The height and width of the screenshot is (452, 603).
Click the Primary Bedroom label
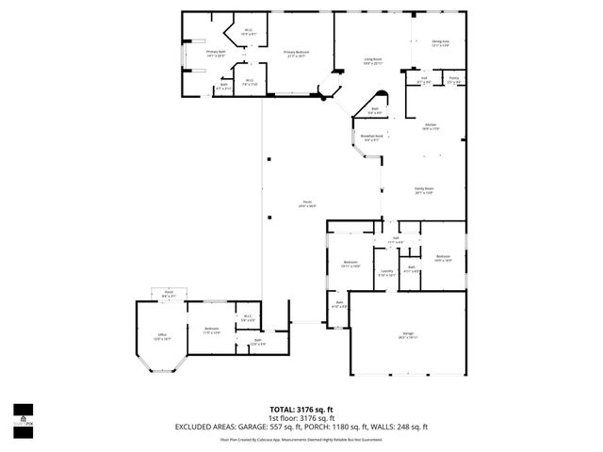click(298, 54)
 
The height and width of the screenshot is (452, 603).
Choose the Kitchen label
click(430, 126)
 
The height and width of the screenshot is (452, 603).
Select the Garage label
click(408, 335)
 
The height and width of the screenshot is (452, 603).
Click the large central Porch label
click(306, 204)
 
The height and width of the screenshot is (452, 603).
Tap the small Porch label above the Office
click(169, 294)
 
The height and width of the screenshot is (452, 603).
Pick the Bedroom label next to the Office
click(212, 331)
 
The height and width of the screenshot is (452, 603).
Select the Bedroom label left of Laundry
click(350, 265)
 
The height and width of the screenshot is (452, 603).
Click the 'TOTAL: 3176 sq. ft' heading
click(301, 410)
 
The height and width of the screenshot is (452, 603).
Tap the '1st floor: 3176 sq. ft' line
click(301, 418)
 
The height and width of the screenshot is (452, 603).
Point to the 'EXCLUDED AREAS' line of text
click(301, 427)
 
